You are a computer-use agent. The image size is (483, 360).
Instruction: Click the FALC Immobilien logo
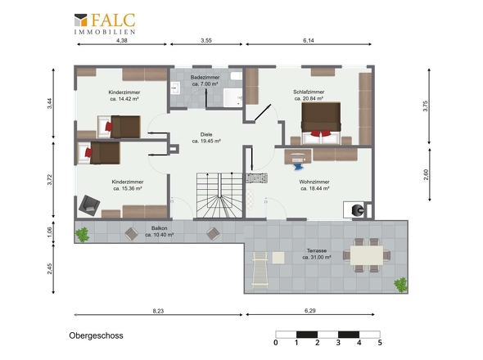[x=105, y=24]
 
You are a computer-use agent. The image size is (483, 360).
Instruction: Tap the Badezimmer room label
[x=205, y=77]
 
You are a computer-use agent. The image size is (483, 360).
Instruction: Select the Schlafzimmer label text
[x=309, y=92]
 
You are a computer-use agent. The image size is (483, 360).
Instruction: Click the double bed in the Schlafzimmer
[x=321, y=123]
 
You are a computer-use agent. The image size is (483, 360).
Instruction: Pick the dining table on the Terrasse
[x=367, y=255]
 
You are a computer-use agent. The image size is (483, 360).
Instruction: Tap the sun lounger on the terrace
[x=260, y=270]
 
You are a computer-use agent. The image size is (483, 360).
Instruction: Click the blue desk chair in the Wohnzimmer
[x=298, y=166]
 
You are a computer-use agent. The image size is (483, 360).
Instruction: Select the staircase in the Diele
[x=219, y=196]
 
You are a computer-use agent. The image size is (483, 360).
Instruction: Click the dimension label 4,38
[x=122, y=40]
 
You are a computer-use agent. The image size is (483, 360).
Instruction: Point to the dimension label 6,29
[x=310, y=311]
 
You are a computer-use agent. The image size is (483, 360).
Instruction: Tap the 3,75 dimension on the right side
[x=426, y=106]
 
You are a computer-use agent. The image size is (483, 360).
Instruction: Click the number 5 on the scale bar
[x=380, y=343]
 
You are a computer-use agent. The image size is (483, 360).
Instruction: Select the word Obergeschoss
[x=96, y=335]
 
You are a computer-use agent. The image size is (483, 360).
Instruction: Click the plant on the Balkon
[x=82, y=235]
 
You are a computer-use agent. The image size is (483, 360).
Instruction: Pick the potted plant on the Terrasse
[x=401, y=285]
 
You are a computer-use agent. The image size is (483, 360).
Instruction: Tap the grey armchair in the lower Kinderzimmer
[x=89, y=205]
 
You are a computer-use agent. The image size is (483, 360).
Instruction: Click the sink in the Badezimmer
[x=175, y=88]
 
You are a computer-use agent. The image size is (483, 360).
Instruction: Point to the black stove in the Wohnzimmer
[x=358, y=210]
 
